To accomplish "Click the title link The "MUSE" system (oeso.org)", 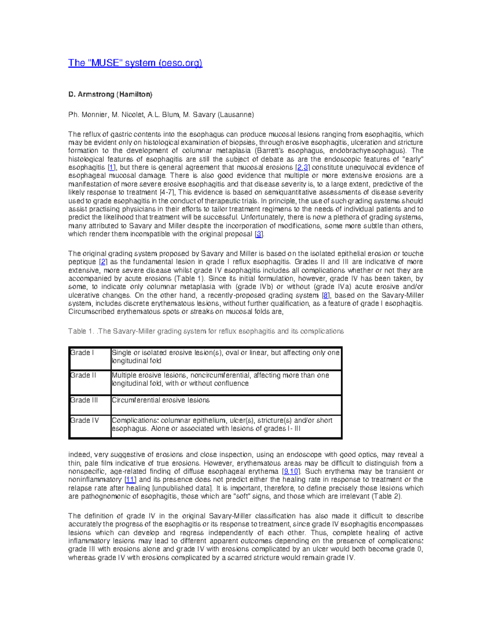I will click(135, 63).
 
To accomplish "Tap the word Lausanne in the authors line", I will click(236, 114).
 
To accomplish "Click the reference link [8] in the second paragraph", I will click(326, 295).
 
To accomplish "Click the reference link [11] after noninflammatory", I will click(130, 479).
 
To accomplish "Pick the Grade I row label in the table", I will click(82, 353).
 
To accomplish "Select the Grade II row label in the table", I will click(83, 375).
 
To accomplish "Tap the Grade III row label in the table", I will click(84, 400).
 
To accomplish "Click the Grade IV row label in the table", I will click(84, 420).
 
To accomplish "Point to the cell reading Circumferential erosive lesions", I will click(160, 400).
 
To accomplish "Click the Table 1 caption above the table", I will click(206, 331).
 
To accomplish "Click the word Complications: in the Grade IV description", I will click(135, 420).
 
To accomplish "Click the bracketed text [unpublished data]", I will click(182, 488).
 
